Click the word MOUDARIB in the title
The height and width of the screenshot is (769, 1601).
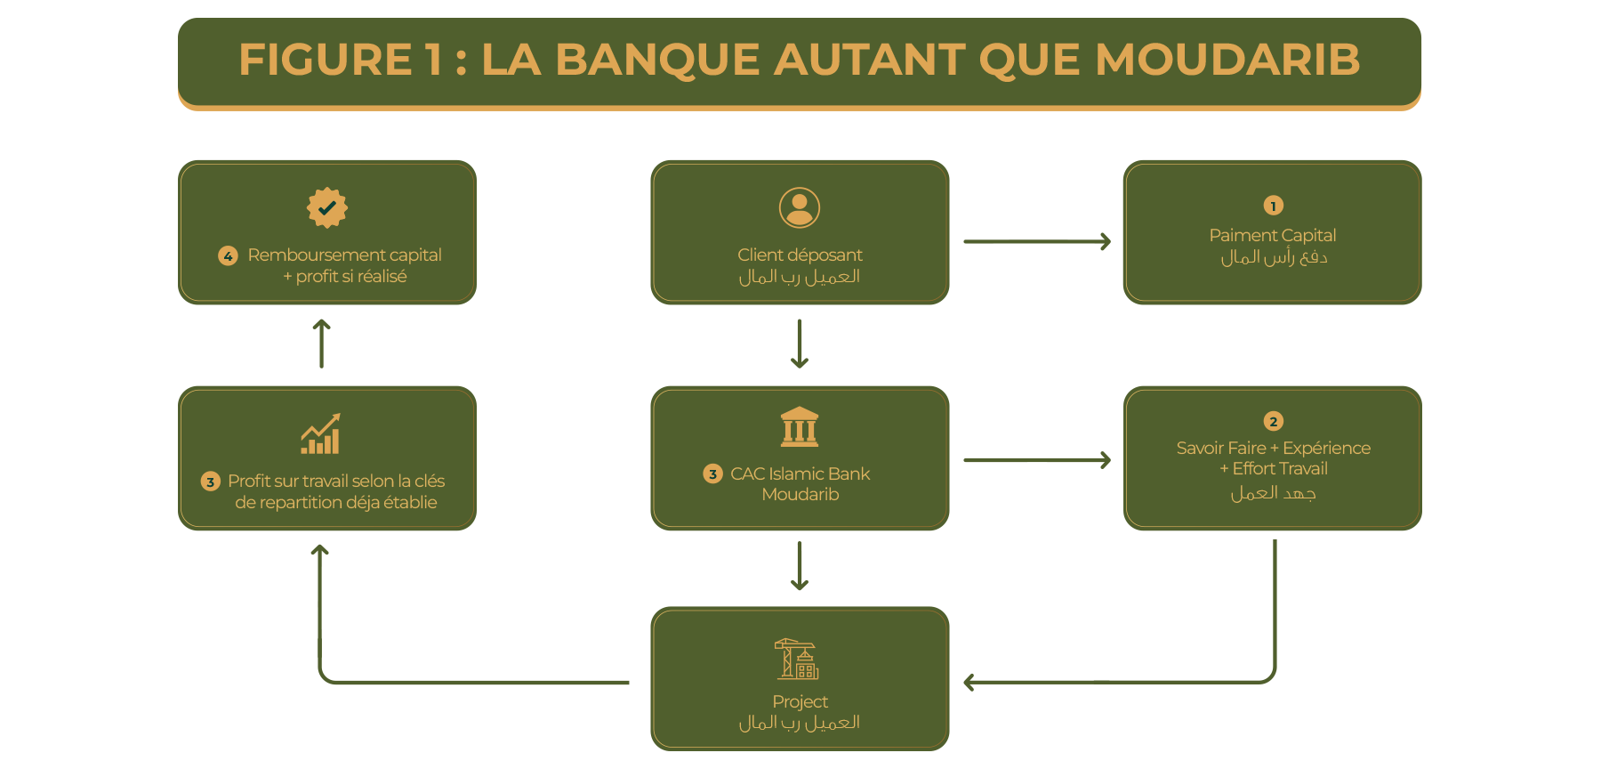tap(1227, 61)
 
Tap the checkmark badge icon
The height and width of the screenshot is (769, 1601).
tap(327, 207)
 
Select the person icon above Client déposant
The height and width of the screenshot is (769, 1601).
tap(800, 207)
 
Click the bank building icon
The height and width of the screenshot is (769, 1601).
tap(800, 427)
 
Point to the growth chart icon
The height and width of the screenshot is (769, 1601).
tap(321, 434)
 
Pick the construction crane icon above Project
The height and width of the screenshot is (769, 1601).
tap(796, 659)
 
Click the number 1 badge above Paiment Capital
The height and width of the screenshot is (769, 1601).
tap(1273, 206)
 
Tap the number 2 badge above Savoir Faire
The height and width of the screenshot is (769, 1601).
tap(1273, 421)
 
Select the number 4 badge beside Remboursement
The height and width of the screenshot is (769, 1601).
tap(228, 256)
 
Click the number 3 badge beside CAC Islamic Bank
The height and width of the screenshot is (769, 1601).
tap(712, 474)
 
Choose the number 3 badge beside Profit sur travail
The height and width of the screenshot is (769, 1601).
tap(210, 482)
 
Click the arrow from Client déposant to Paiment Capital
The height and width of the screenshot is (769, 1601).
tap(1037, 241)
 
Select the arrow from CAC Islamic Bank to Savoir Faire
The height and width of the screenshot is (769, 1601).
tap(1037, 460)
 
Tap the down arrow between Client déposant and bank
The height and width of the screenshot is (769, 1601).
tap(800, 344)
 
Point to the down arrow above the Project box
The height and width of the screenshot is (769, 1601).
tap(800, 566)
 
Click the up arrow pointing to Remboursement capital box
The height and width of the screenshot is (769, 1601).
tap(322, 344)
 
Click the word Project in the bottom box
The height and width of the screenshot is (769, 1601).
tap(800, 701)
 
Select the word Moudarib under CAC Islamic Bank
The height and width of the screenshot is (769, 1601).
tap(800, 495)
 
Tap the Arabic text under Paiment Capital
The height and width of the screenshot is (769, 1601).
tap(1273, 258)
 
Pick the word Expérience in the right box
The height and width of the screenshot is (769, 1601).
tap(1326, 448)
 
